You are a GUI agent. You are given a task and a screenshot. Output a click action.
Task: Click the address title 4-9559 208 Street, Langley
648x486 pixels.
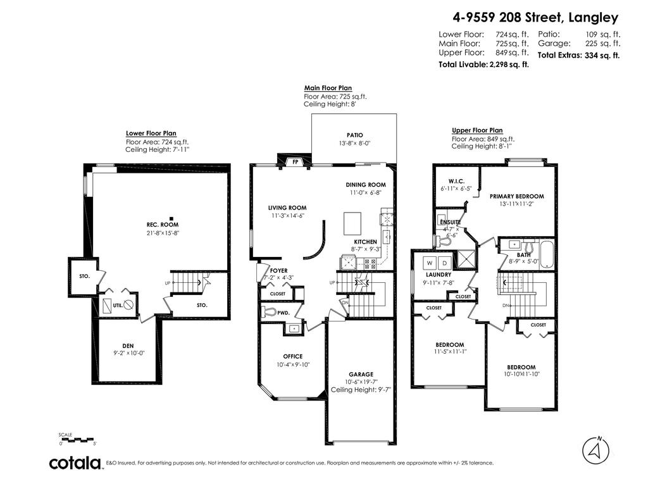(535, 18)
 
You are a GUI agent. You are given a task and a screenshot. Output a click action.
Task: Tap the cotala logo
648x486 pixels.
(76, 463)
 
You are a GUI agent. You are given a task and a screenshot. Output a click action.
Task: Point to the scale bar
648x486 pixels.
(77, 439)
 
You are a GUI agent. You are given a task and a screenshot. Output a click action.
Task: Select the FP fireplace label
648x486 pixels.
(295, 162)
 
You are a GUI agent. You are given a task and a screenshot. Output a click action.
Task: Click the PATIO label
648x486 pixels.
(354, 135)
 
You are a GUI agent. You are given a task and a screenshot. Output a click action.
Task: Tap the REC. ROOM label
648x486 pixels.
(161, 225)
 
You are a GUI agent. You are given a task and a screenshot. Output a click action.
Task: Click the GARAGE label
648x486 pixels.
(361, 374)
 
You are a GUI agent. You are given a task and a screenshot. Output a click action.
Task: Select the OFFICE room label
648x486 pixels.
(292, 356)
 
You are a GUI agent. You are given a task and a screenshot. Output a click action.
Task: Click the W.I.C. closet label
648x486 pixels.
(457, 180)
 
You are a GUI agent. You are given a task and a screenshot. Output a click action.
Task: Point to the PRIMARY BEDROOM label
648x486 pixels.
(516, 196)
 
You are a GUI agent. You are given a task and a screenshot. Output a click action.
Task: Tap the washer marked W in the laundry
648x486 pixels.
(430, 262)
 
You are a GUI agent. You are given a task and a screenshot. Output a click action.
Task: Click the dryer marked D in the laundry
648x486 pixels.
(444, 262)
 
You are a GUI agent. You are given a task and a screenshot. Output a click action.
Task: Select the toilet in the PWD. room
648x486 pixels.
(268, 312)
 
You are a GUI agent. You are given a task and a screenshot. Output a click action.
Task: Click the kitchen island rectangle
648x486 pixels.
(352, 223)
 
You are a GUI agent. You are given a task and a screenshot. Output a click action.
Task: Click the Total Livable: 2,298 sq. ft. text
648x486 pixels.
(483, 65)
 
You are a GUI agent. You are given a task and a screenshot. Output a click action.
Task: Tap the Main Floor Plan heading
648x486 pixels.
(328, 88)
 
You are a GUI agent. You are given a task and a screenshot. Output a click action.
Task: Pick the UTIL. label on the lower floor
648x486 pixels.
(117, 306)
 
